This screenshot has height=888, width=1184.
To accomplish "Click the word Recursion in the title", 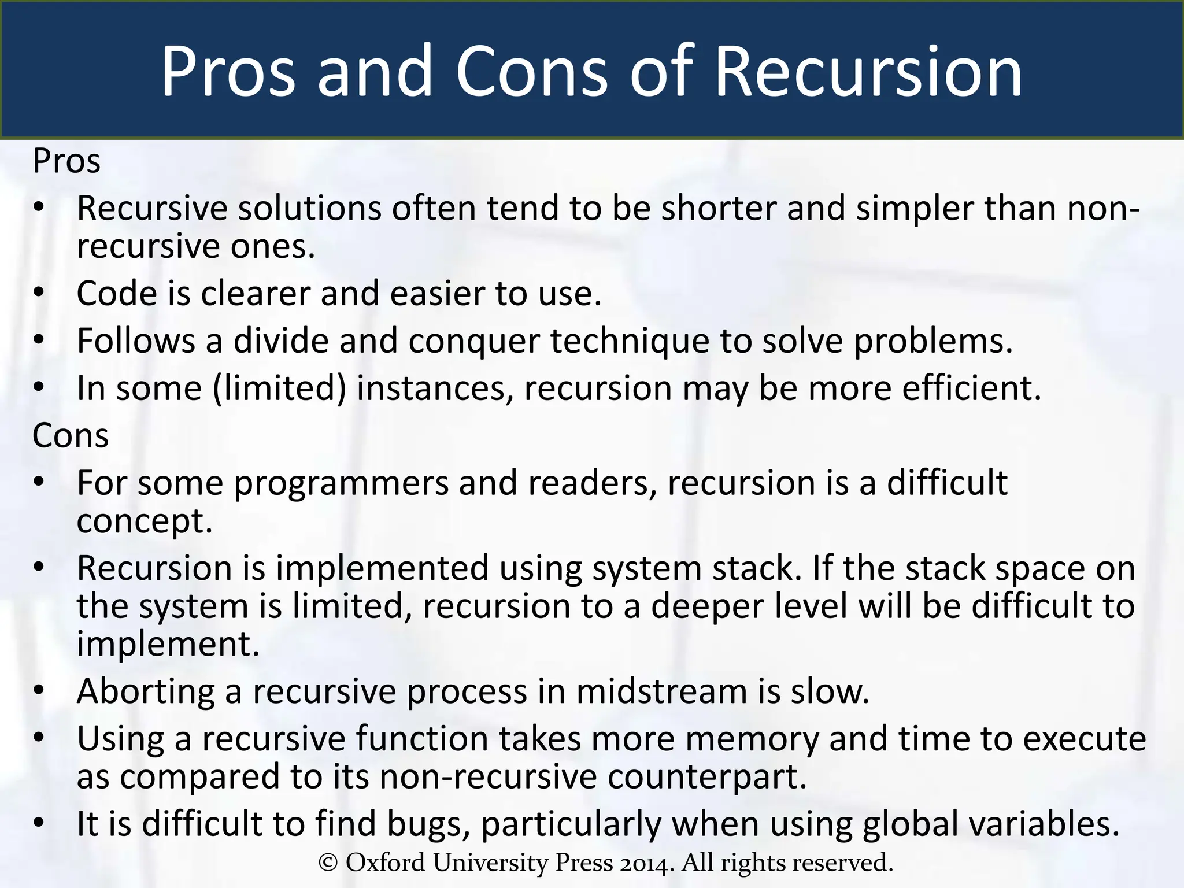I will tap(868, 72).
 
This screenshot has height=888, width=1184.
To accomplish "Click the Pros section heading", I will tap(66, 161).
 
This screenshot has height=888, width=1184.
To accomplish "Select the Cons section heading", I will tap(71, 435).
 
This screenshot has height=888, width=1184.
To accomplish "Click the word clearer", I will tap(256, 293).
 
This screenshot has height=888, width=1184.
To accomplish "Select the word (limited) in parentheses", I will tap(279, 388).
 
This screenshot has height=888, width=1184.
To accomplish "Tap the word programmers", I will tap(341, 483).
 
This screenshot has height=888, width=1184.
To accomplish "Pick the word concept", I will tap(145, 521).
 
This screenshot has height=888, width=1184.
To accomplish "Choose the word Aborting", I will tap(146, 691).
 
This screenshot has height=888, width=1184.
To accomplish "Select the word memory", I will tap(752, 739).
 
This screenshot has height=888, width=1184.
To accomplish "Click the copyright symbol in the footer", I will tap(328, 863).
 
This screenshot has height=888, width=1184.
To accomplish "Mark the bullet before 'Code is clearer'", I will tap(39, 293).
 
